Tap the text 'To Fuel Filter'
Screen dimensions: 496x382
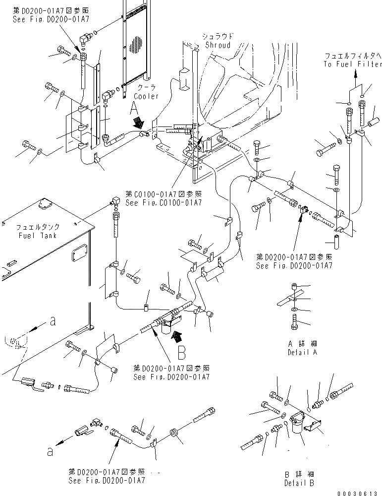(x=353, y=64)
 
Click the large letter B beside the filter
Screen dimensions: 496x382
(x=181, y=354)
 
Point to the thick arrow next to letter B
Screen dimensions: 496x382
(x=175, y=337)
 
